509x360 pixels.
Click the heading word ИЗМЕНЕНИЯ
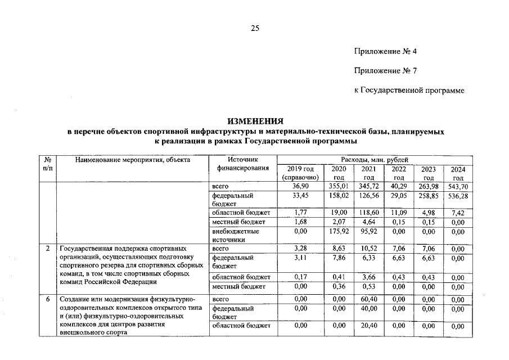(x=255, y=121)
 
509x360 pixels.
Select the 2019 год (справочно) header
(x=300, y=173)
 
